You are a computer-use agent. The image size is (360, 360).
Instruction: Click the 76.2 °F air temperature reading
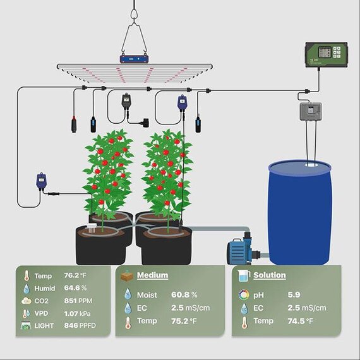75,275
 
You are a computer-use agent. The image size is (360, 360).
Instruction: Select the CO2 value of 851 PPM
78,301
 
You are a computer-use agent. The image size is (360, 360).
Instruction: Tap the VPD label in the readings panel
41,313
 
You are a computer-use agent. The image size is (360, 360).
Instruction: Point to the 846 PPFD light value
80,325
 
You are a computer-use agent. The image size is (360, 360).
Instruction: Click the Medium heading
152,275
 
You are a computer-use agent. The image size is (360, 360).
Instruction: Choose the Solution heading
270,275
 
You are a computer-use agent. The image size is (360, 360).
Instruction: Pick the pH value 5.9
294,295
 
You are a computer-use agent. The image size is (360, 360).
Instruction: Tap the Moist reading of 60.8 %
184,295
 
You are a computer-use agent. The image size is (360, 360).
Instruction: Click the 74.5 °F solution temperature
300,321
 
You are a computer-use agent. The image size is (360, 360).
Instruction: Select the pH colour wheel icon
244,295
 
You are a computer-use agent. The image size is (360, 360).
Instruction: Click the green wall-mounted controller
327,55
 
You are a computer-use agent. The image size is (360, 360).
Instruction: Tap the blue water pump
242,250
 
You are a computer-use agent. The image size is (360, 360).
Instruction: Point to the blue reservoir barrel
300,213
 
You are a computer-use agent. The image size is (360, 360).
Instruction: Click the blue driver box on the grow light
135,59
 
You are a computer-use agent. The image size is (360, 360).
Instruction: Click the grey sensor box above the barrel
311,112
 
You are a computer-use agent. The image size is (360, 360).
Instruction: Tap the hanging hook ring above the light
134,15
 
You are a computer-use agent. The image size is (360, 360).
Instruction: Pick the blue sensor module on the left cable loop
41,181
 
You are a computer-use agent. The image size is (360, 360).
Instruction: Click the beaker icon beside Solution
244,275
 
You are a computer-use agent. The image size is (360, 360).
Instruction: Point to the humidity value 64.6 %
75,288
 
